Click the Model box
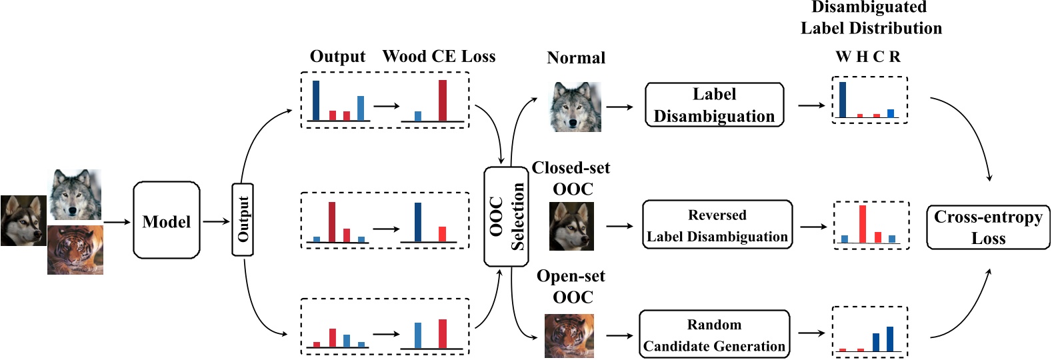166,221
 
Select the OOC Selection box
506,217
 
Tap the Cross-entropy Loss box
987,227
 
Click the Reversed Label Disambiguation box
717,225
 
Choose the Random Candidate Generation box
714,335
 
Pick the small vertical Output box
243,219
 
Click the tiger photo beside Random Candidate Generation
569,336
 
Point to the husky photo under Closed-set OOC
571,227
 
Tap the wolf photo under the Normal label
575,107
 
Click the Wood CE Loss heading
439,57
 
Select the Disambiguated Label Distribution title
871,18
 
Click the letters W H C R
867,57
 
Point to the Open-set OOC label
571,286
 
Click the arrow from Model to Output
216,221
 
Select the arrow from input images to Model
117,221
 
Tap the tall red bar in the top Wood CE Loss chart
443,101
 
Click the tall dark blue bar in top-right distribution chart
843,99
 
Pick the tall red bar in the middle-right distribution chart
862,224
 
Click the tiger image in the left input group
75,250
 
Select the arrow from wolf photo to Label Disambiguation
620,107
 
